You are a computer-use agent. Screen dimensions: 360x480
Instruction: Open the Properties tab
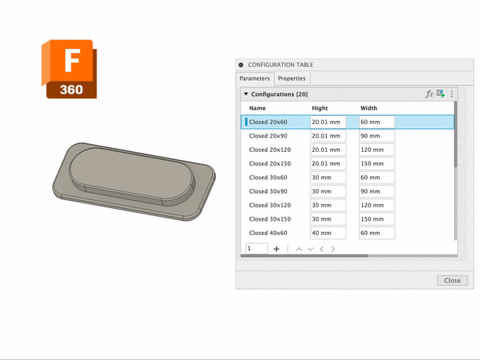click(x=291, y=78)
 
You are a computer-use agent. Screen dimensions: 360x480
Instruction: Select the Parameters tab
click(x=255, y=78)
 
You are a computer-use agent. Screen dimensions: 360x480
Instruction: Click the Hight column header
click(x=319, y=108)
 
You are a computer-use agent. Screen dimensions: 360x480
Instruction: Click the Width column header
click(x=369, y=108)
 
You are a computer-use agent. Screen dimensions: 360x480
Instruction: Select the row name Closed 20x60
click(x=268, y=123)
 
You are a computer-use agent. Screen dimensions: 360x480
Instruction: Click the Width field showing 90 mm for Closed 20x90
click(x=376, y=136)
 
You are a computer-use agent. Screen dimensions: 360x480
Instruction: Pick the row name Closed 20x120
click(x=270, y=150)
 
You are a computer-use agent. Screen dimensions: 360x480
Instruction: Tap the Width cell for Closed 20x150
click(x=376, y=164)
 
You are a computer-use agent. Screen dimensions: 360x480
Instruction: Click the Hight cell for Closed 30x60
click(x=327, y=178)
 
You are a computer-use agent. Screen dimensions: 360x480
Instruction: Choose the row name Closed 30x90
click(x=268, y=191)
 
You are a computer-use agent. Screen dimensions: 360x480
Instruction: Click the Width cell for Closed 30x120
click(x=376, y=205)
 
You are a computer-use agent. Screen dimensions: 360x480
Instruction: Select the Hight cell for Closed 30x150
click(x=327, y=219)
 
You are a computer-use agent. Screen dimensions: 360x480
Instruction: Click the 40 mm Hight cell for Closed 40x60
click(x=327, y=233)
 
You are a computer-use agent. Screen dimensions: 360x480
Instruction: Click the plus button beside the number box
click(x=277, y=249)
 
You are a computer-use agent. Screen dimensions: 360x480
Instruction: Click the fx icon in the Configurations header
click(x=429, y=94)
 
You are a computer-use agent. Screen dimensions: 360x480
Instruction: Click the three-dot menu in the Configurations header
click(x=452, y=94)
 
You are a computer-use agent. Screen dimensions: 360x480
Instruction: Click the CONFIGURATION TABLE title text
click(x=280, y=65)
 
